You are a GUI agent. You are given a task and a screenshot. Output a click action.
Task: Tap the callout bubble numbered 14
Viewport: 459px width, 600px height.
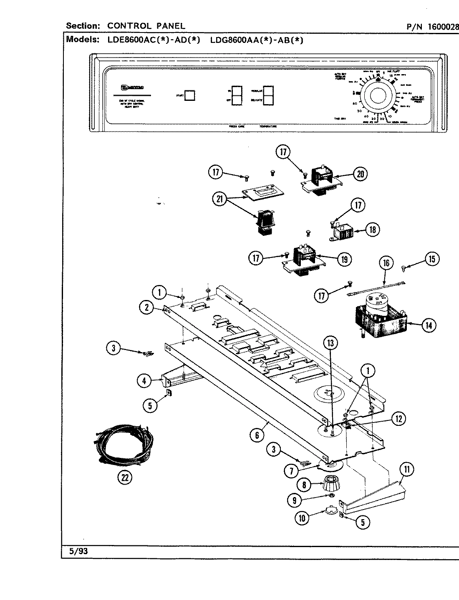click(x=428, y=325)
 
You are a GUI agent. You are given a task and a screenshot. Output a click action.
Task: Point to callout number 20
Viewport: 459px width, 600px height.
click(x=359, y=174)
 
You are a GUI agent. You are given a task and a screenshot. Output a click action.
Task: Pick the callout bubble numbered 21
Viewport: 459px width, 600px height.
click(x=218, y=199)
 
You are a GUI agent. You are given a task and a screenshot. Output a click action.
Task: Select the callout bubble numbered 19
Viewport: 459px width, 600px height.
click(x=343, y=259)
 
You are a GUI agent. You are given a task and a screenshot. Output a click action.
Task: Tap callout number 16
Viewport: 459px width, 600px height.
click(x=386, y=262)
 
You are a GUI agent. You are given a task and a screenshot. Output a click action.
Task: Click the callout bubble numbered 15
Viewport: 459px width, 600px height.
click(x=431, y=259)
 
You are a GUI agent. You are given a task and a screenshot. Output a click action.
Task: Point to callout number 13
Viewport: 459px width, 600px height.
click(x=330, y=343)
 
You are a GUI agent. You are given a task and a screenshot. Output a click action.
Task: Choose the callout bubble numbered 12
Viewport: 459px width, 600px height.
click(x=398, y=419)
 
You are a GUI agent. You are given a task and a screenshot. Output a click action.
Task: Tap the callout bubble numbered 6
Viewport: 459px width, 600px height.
click(x=257, y=435)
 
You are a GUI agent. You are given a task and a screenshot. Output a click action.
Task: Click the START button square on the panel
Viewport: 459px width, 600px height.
click(x=189, y=95)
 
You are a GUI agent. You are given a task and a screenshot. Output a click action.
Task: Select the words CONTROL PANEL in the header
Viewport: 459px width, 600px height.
click(x=146, y=26)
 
